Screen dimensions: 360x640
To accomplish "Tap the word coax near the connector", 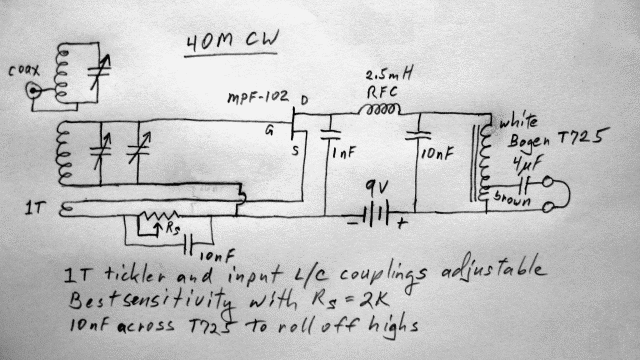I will coord(22,69).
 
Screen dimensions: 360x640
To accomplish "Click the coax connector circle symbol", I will coord(38,91).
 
